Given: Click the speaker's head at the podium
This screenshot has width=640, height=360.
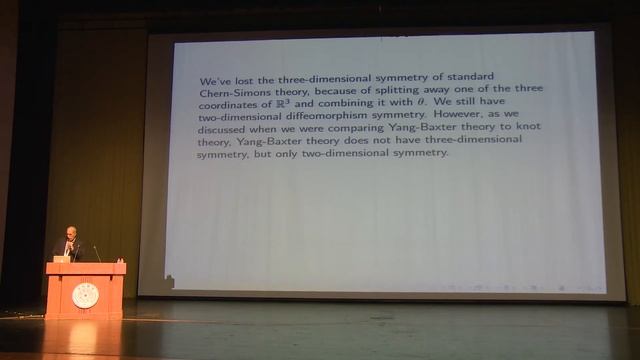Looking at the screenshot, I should (x=70, y=232).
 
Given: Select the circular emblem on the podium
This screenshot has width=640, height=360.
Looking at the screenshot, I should (x=85, y=295).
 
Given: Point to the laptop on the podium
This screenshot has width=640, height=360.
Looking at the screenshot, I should (x=62, y=258).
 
